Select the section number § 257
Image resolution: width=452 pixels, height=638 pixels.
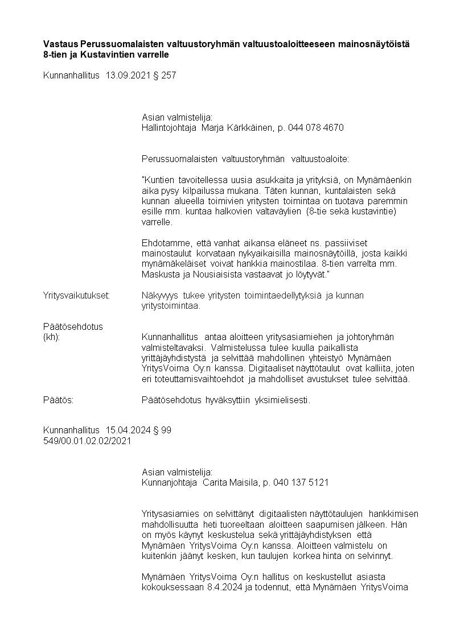click(x=165, y=75)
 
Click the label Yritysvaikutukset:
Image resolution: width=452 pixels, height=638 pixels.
click(x=77, y=296)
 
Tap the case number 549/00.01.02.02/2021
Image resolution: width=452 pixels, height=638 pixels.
click(x=88, y=441)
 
